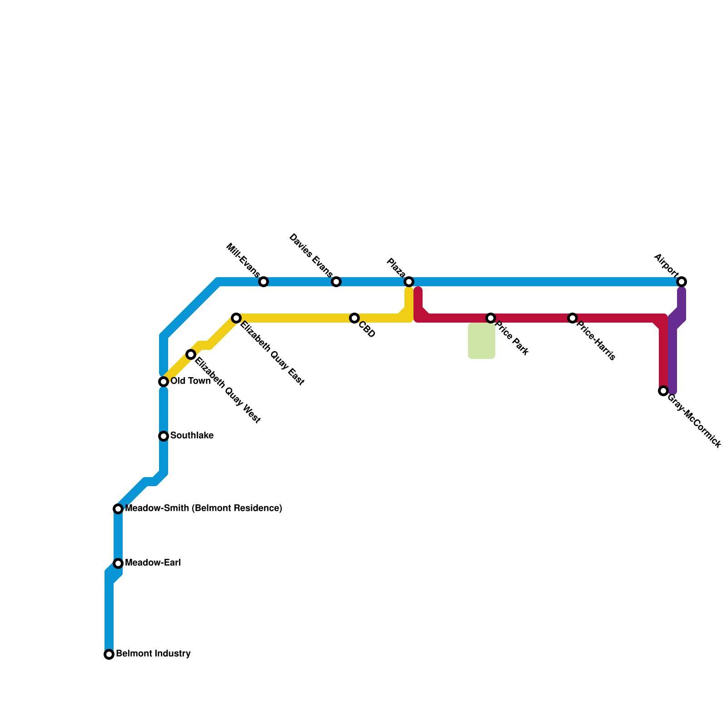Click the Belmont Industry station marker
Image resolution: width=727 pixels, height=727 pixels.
109,654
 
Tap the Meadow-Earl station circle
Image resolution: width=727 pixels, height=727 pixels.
118,563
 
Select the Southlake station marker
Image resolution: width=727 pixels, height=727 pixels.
164,436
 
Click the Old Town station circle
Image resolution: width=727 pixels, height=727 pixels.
164,382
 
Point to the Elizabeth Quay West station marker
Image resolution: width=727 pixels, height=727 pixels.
191,354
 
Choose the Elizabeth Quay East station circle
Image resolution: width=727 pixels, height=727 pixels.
236,318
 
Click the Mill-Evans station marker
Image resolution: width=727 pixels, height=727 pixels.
264,282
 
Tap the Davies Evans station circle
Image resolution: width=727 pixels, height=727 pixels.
336,282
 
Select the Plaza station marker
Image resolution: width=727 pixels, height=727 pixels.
409,282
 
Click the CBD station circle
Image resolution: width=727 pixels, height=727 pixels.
354,318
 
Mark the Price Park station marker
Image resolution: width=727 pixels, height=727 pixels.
491,318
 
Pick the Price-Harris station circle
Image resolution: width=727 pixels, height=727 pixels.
573,318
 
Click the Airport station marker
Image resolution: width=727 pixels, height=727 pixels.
682,282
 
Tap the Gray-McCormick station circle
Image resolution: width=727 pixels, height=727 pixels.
663,391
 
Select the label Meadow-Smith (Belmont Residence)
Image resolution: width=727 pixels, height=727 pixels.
204,508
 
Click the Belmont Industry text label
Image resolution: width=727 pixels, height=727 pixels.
153,654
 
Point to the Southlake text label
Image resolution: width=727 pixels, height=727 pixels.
192,436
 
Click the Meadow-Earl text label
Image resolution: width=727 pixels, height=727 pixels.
153,563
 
